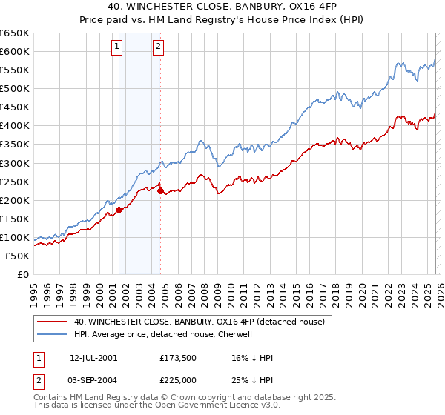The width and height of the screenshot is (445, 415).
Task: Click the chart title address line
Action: [x=222, y=7]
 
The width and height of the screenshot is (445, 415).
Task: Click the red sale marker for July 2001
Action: [x=119, y=210]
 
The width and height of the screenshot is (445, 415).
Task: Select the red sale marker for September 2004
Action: [x=160, y=190]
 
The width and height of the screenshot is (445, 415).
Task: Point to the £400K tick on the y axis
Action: [x=15, y=125]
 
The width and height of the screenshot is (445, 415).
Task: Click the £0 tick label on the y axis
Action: [x=22, y=274]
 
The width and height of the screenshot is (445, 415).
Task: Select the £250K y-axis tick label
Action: [x=15, y=182]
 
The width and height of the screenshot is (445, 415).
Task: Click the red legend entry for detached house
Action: [x=199, y=322]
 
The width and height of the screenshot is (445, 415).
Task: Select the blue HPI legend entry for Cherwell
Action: [x=163, y=335]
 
